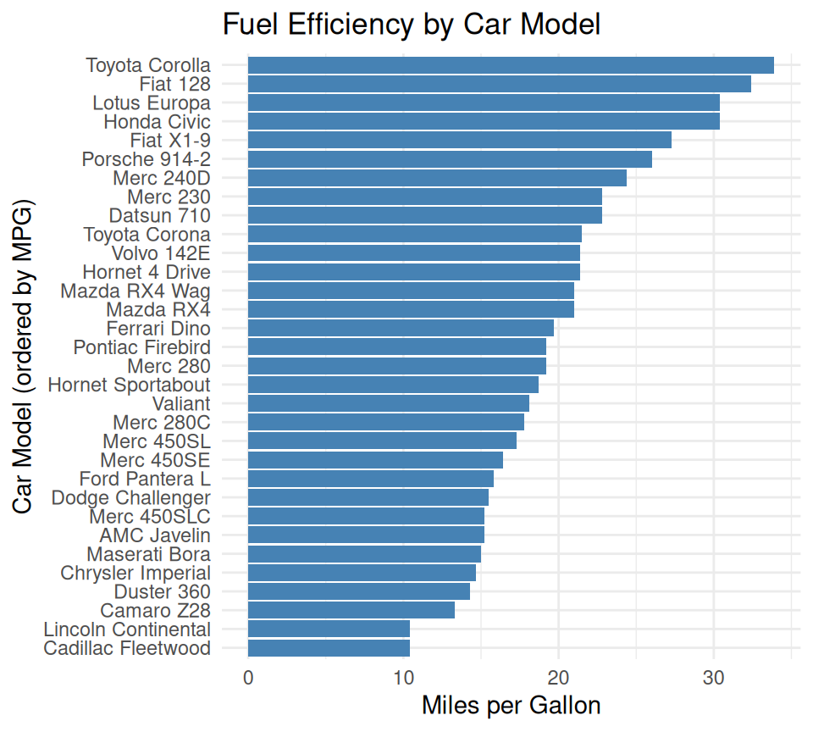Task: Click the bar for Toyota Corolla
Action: [x=511, y=65]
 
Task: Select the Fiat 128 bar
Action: [x=500, y=84]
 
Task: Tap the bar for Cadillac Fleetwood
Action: [x=329, y=648]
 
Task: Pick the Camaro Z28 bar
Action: [x=351, y=610]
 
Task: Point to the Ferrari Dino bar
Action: [x=401, y=328]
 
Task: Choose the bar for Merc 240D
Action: [x=437, y=178]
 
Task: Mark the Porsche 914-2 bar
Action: [x=450, y=159]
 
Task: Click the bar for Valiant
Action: [x=389, y=403]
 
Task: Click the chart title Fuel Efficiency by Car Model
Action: [x=411, y=25]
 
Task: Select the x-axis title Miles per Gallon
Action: [x=511, y=705]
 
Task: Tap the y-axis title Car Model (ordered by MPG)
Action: [x=23, y=357]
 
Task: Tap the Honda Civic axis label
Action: [x=157, y=121]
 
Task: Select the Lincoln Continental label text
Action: [x=127, y=629]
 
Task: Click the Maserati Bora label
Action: [x=148, y=554]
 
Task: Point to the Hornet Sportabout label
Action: [x=129, y=385]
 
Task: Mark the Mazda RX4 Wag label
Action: [x=135, y=291]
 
